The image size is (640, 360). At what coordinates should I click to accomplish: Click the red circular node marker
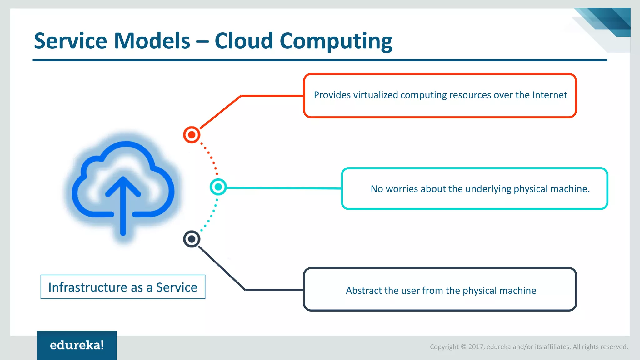tap(192, 135)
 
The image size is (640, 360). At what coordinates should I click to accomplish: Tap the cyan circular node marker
tap(218, 187)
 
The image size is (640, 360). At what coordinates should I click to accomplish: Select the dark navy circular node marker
tap(192, 239)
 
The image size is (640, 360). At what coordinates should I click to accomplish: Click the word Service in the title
tap(70, 41)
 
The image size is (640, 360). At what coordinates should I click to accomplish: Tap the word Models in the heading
tap(152, 41)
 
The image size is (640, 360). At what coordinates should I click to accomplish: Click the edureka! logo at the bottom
tap(77, 345)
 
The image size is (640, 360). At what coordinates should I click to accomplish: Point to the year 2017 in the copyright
tap(476, 347)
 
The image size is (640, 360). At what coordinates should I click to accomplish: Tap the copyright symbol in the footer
tap(463, 347)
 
